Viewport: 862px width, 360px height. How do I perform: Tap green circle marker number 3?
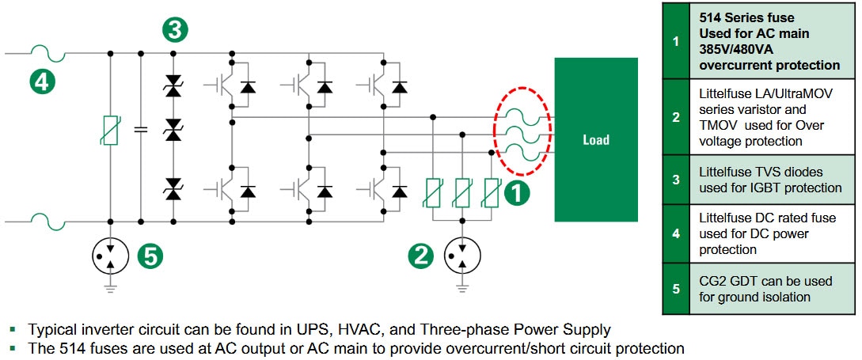click(x=175, y=30)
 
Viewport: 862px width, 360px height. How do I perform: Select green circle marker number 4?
click(x=44, y=81)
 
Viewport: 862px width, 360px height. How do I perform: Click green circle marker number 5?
click(x=150, y=255)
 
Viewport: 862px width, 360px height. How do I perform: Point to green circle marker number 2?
click(x=421, y=255)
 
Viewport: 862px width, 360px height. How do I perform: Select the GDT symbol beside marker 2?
click(x=458, y=255)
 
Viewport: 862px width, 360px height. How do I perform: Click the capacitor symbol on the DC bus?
click(x=141, y=128)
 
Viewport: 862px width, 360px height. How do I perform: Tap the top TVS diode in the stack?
click(x=173, y=90)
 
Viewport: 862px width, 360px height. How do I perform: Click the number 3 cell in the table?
click(x=675, y=180)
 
